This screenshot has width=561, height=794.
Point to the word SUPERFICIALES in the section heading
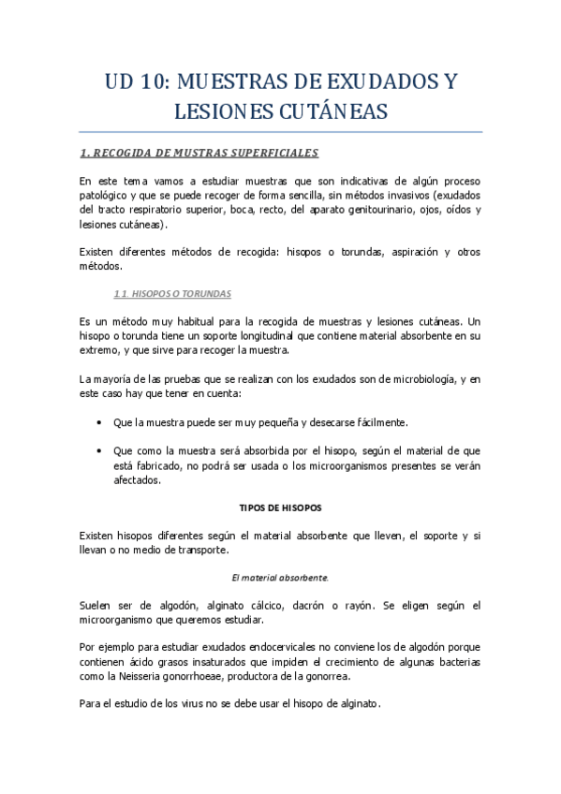click(x=271, y=153)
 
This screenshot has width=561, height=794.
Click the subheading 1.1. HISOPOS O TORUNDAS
click(x=171, y=293)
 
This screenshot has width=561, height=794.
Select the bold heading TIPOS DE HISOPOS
click(x=280, y=507)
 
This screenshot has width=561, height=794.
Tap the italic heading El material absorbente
click(x=280, y=578)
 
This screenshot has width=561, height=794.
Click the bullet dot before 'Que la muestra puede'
click(x=100, y=423)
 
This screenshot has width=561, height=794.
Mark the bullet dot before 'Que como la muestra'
click(x=100, y=451)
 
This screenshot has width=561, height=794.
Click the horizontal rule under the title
click(x=280, y=131)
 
